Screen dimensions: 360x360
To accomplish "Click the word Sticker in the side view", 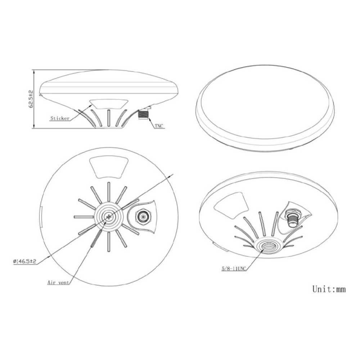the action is point(60,118).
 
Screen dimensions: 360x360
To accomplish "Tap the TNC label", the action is point(159,126).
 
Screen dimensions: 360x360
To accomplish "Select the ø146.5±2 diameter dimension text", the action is point(25,261).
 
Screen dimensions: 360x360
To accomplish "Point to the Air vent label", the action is point(58,282).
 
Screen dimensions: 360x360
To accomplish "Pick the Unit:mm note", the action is point(329,289).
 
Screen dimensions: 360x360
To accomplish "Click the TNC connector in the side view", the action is point(143,114).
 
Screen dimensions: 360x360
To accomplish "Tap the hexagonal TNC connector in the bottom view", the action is point(143,216).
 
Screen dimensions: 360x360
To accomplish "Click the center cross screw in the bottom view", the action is point(109,216).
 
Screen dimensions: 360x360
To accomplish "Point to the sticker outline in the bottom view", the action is point(109,167).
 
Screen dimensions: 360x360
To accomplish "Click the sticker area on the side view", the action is point(109,104).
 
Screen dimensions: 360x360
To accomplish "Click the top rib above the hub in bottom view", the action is point(109,192).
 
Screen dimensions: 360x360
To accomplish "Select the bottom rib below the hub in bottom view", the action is point(109,241).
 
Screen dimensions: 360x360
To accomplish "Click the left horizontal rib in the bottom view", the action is point(84,216).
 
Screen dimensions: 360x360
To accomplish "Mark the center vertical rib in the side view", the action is point(109,118).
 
